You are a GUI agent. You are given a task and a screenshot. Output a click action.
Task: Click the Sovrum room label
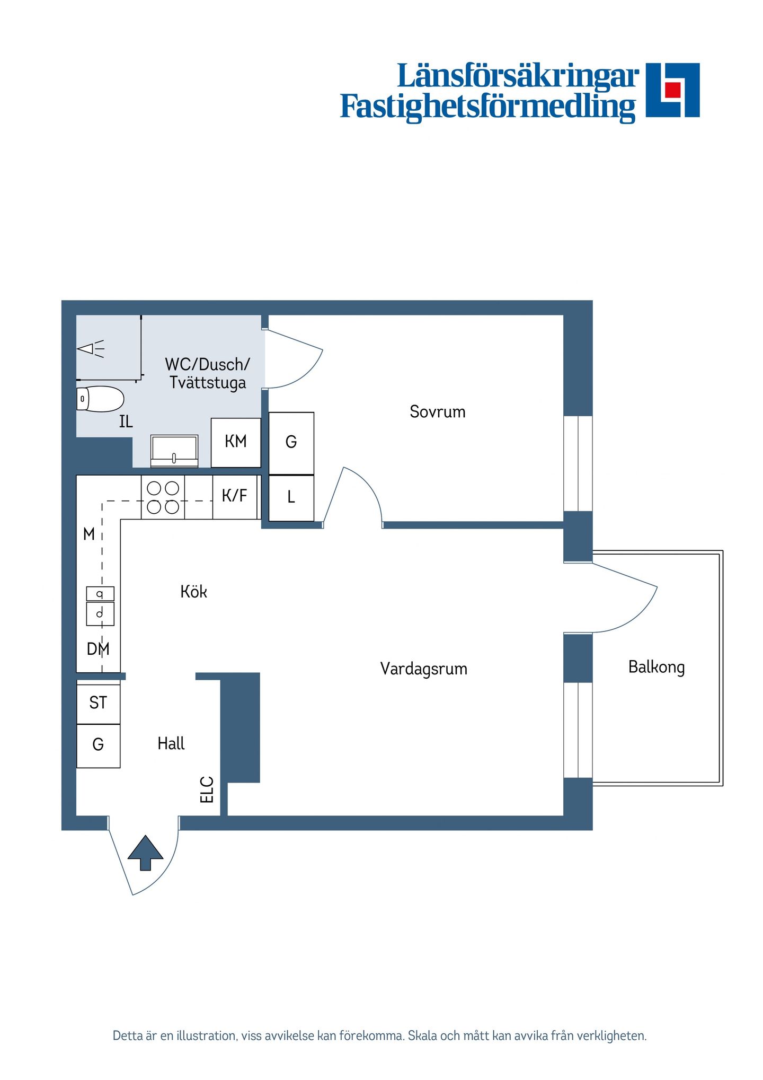[437, 411]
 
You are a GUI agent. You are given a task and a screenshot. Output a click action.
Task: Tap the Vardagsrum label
[423, 669]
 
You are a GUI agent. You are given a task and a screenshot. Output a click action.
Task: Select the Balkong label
[656, 666]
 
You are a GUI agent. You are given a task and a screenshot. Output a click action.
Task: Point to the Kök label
[193, 591]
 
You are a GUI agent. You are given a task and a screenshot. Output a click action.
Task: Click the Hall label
[171, 743]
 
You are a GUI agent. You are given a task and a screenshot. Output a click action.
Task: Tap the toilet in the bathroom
[100, 399]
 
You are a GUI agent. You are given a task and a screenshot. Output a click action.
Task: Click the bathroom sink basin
[174, 451]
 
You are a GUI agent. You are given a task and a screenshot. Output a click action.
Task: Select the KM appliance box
[236, 443]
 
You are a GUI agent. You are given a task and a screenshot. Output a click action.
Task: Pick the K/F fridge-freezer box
[235, 497]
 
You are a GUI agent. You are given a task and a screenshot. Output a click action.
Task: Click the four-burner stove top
[163, 497]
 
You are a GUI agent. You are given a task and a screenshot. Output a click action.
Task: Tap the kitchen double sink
[100, 606]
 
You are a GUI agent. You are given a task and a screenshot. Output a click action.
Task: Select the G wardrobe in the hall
[99, 746]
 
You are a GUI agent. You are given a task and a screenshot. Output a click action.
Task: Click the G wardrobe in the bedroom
[291, 443]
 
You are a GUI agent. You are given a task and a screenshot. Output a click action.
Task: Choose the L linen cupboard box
[291, 498]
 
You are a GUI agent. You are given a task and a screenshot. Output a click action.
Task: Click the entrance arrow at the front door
[145, 853]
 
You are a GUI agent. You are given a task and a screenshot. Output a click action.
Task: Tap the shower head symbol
[91, 349]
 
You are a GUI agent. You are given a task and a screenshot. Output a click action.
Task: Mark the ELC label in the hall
[207, 789]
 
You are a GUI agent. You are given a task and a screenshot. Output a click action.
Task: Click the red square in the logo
[672, 90]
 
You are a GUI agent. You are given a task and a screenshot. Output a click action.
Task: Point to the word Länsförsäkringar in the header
[518, 76]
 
